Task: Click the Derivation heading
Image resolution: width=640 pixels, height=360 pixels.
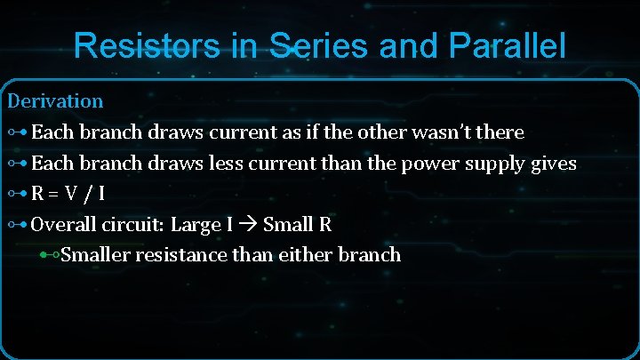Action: point(55,101)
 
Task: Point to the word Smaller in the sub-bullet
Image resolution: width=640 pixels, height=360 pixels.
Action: point(95,255)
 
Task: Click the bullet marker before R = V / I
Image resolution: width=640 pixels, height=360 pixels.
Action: point(17,195)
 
